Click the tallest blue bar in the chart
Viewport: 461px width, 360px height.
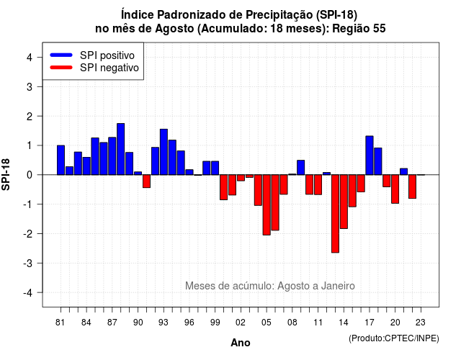tap(120, 149)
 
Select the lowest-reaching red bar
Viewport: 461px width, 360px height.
tap(335, 214)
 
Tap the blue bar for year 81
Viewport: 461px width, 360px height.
tap(61, 160)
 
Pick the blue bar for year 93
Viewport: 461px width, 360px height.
tap(164, 152)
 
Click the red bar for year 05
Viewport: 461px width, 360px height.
tap(267, 204)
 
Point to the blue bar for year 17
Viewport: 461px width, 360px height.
tap(370, 156)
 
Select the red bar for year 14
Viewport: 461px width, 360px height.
tap(344, 202)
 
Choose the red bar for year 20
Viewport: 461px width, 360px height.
tap(395, 189)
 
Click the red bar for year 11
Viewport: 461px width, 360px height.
tap(318, 185)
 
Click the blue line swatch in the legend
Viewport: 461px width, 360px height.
tap(61, 55)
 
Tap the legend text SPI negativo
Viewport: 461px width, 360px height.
tap(109, 68)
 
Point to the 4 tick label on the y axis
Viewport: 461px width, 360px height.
tap(30, 58)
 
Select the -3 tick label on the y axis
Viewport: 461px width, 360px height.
tap(28, 263)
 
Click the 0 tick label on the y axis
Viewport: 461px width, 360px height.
tap(30, 175)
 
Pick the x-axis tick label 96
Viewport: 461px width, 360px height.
tap(189, 323)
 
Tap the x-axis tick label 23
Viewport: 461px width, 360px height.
tap(421, 323)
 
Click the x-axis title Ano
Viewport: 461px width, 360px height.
tap(241, 343)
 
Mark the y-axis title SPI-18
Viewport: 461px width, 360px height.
tap(6, 174)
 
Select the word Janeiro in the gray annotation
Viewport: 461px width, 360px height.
tap(338, 286)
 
